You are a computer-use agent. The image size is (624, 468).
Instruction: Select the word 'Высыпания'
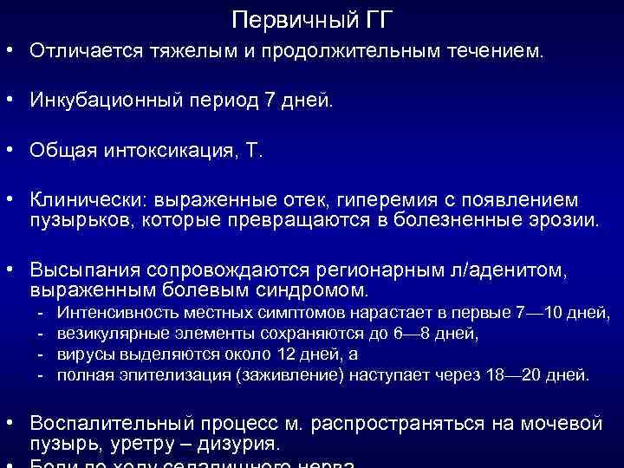tap(86, 270)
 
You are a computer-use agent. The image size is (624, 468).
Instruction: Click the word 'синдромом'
tap(312, 289)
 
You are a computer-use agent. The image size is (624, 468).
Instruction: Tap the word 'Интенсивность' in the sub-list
tap(109, 312)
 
